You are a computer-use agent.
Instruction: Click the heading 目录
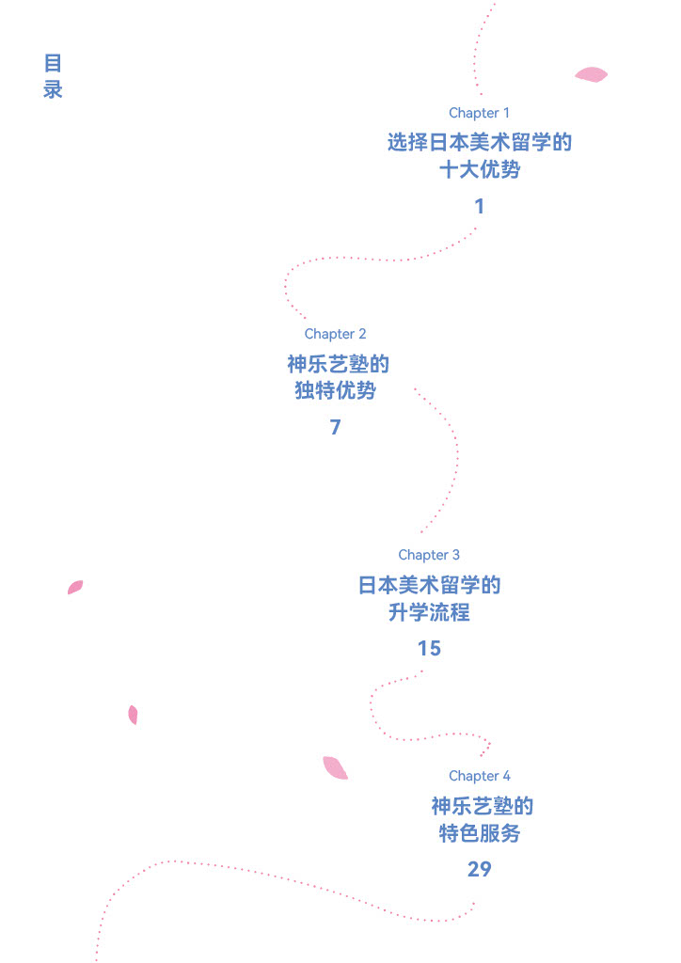53,76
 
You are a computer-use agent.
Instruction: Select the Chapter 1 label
479,113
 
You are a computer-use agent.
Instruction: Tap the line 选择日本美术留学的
479,143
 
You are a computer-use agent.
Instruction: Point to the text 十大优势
479,170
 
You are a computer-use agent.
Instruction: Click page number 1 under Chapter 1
479,206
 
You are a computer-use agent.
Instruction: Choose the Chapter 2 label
335,334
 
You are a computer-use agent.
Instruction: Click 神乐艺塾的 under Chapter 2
338,364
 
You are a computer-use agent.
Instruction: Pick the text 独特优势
335,391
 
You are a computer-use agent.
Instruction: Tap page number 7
335,427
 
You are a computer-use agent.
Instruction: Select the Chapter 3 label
429,555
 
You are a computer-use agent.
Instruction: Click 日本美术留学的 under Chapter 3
429,585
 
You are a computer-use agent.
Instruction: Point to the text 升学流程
429,612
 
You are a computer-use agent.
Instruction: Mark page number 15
429,648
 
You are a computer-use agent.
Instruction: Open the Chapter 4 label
479,776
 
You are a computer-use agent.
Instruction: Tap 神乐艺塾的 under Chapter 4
482,806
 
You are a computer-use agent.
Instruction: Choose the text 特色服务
479,833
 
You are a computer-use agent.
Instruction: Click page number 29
479,869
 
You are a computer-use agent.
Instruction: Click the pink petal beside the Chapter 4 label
334,768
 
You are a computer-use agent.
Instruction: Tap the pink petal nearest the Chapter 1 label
591,74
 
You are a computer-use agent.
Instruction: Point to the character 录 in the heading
53,90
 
